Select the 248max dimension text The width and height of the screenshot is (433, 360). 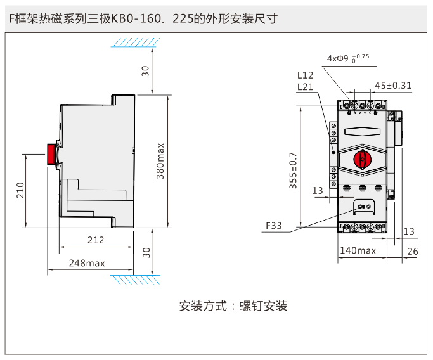(x=87, y=263)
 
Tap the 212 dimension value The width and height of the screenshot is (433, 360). (x=95, y=240)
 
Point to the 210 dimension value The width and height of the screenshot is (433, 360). (x=20, y=191)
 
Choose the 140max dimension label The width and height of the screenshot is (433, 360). (x=358, y=251)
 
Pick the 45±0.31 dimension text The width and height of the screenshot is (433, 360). (x=393, y=86)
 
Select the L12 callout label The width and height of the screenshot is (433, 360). (x=306, y=75)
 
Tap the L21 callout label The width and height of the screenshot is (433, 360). (x=306, y=87)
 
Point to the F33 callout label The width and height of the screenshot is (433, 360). (x=274, y=225)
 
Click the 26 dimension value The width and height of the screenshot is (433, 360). (x=413, y=251)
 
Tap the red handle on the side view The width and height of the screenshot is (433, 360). (x=51, y=154)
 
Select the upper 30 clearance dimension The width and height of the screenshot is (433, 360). (x=146, y=70)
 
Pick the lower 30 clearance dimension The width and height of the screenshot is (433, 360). (x=146, y=252)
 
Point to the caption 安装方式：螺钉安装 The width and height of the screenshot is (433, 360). (x=233, y=306)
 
